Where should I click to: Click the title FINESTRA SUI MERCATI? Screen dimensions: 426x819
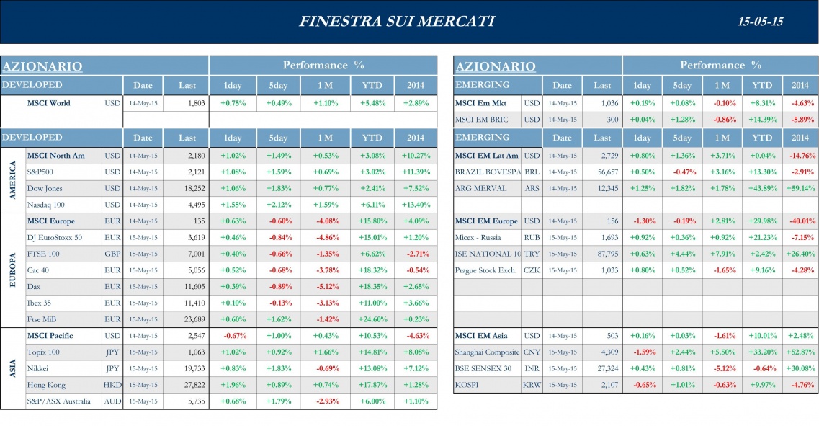coord(396,21)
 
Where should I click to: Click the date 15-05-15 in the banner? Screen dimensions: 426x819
coord(760,22)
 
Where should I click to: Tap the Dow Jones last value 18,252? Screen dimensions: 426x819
coord(191,188)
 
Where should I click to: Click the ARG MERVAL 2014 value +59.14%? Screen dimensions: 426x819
coord(800,188)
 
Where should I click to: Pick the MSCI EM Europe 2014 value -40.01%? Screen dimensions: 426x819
coord(800,221)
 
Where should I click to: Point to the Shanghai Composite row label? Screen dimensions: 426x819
coord(487,352)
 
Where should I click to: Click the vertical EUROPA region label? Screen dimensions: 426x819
coord(13,270)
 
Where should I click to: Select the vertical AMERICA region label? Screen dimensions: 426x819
coord(13,180)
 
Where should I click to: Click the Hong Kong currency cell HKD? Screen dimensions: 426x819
coord(112,385)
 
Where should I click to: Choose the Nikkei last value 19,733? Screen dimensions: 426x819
coord(191,368)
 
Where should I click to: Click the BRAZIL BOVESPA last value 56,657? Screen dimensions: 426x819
coord(603,172)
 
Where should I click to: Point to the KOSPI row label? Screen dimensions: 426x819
coord(467,385)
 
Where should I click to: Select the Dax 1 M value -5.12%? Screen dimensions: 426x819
coord(326,287)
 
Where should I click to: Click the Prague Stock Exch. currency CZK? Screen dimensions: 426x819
coord(532,270)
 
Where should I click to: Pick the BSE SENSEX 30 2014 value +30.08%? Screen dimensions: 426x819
coord(800,368)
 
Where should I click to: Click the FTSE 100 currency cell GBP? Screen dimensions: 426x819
coord(112,254)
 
